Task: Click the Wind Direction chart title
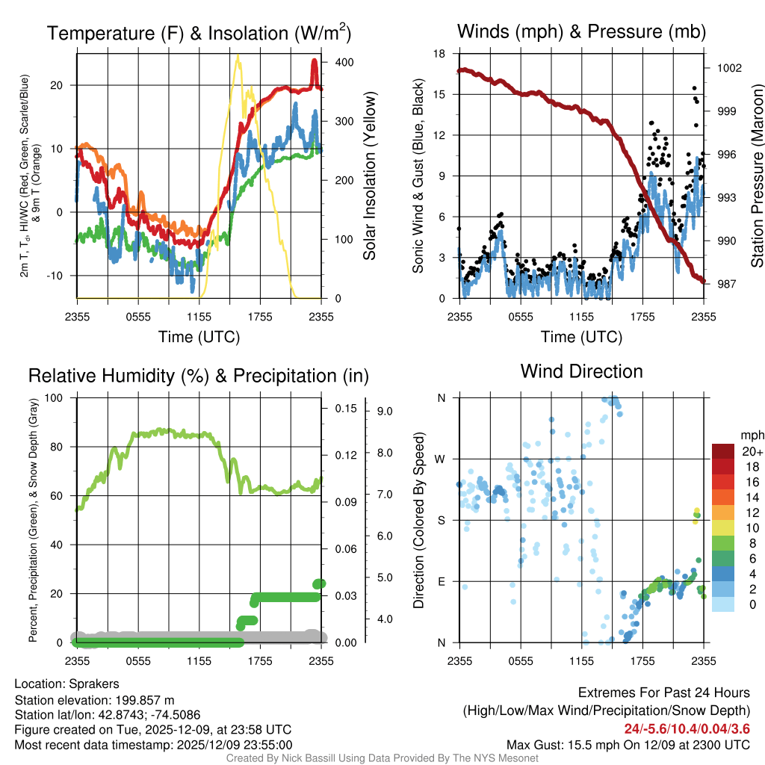[x=581, y=371]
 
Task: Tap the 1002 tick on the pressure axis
[x=728, y=68]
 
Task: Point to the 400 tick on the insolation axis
[x=344, y=62]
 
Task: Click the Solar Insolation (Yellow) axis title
[x=370, y=176]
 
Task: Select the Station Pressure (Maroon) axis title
[x=756, y=176]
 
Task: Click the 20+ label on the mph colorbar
[x=752, y=451]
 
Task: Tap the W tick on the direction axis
[x=441, y=459]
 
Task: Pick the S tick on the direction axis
[x=441, y=520]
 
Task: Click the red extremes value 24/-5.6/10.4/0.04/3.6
[x=687, y=728]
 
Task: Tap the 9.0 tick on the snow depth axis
[x=385, y=411]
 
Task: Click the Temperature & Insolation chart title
[x=199, y=33]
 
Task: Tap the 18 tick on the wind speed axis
[x=439, y=54]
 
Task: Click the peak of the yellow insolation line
[x=238, y=56]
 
